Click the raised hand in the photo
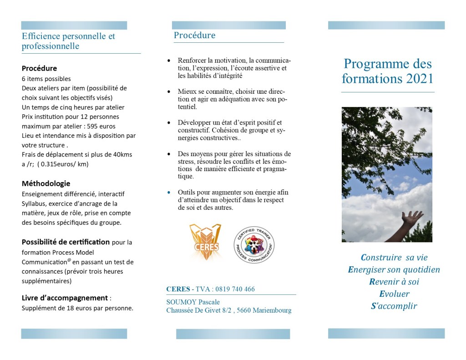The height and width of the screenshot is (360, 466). [x=411, y=219]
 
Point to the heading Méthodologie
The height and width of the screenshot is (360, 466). [x=46, y=183]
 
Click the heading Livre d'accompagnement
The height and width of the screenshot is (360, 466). [x=65, y=298]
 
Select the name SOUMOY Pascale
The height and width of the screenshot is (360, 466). [x=193, y=302]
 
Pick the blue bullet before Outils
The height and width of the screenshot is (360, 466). [x=169, y=193]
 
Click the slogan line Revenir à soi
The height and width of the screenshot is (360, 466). [x=394, y=282]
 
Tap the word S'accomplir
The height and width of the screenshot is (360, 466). [x=394, y=306]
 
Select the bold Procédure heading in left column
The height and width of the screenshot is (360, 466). [x=39, y=68]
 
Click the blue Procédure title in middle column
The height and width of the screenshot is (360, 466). [x=194, y=35]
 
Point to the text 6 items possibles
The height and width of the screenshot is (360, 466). [x=46, y=79]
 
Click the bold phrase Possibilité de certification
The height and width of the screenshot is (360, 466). [x=66, y=242]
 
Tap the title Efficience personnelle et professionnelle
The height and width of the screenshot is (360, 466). [x=68, y=41]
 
